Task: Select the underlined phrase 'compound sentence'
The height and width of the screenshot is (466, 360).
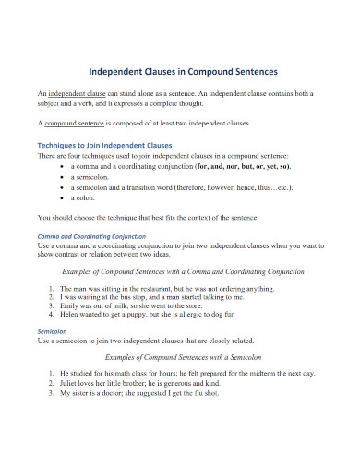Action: [74, 122]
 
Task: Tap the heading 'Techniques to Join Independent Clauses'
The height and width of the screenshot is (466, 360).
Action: [104, 146]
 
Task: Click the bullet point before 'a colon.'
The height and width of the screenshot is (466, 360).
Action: [61, 197]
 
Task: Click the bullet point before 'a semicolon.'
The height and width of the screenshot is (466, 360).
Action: [61, 177]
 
